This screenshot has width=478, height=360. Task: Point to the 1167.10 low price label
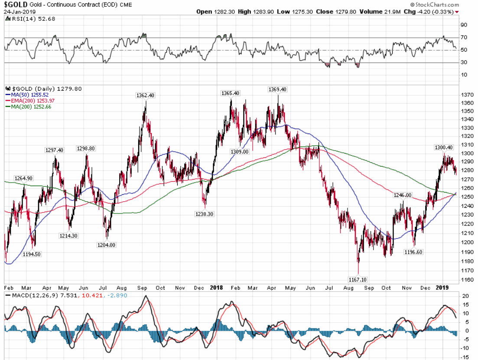click(x=358, y=280)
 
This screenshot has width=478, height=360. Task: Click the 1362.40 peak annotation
click(x=146, y=95)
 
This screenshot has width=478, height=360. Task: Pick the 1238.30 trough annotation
click(x=204, y=214)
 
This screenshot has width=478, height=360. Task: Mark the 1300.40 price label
click(x=444, y=147)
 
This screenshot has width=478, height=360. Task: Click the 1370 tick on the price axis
click(x=467, y=94)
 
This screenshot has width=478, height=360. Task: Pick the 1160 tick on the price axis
click(x=467, y=280)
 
